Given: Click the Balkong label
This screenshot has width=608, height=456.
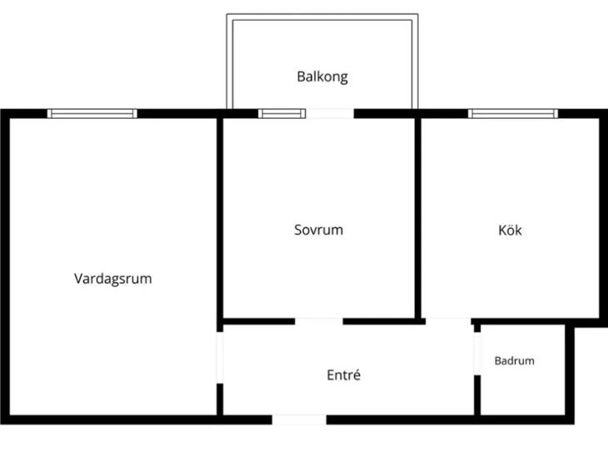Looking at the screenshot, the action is pyautogui.click(x=322, y=77).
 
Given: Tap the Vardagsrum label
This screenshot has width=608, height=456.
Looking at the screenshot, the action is pyautogui.click(x=112, y=279).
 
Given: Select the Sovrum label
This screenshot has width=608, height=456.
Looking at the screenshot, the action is pyautogui.click(x=319, y=230).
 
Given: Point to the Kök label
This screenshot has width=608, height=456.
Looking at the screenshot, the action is pyautogui.click(x=510, y=230).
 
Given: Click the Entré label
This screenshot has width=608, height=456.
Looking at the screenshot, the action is pyautogui.click(x=343, y=374).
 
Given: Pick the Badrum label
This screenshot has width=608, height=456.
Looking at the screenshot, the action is pyautogui.click(x=515, y=360).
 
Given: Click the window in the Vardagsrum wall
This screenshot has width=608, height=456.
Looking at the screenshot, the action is pyautogui.click(x=92, y=113).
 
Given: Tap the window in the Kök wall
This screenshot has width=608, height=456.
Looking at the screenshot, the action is pyautogui.click(x=513, y=113).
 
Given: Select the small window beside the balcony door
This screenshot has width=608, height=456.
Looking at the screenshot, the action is pyautogui.click(x=282, y=113).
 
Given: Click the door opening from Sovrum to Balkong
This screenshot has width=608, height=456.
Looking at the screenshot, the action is pyautogui.click(x=330, y=113).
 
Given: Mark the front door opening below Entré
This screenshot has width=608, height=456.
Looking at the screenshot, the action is pyautogui.click(x=299, y=419).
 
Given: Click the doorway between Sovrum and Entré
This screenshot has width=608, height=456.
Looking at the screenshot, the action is pyautogui.click(x=319, y=321).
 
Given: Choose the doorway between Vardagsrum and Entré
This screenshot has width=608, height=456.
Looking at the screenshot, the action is pyautogui.click(x=220, y=358).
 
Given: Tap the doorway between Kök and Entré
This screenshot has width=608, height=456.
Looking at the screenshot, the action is pyautogui.click(x=448, y=321).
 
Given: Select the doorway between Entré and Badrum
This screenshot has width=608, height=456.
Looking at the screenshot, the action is pyautogui.click(x=477, y=354).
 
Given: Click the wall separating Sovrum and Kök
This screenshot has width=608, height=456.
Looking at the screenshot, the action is pyautogui.click(x=418, y=218).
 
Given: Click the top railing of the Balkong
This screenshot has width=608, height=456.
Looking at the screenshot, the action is pyautogui.click(x=322, y=17).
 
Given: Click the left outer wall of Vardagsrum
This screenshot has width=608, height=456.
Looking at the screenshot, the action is pyautogui.click(x=5, y=266).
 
